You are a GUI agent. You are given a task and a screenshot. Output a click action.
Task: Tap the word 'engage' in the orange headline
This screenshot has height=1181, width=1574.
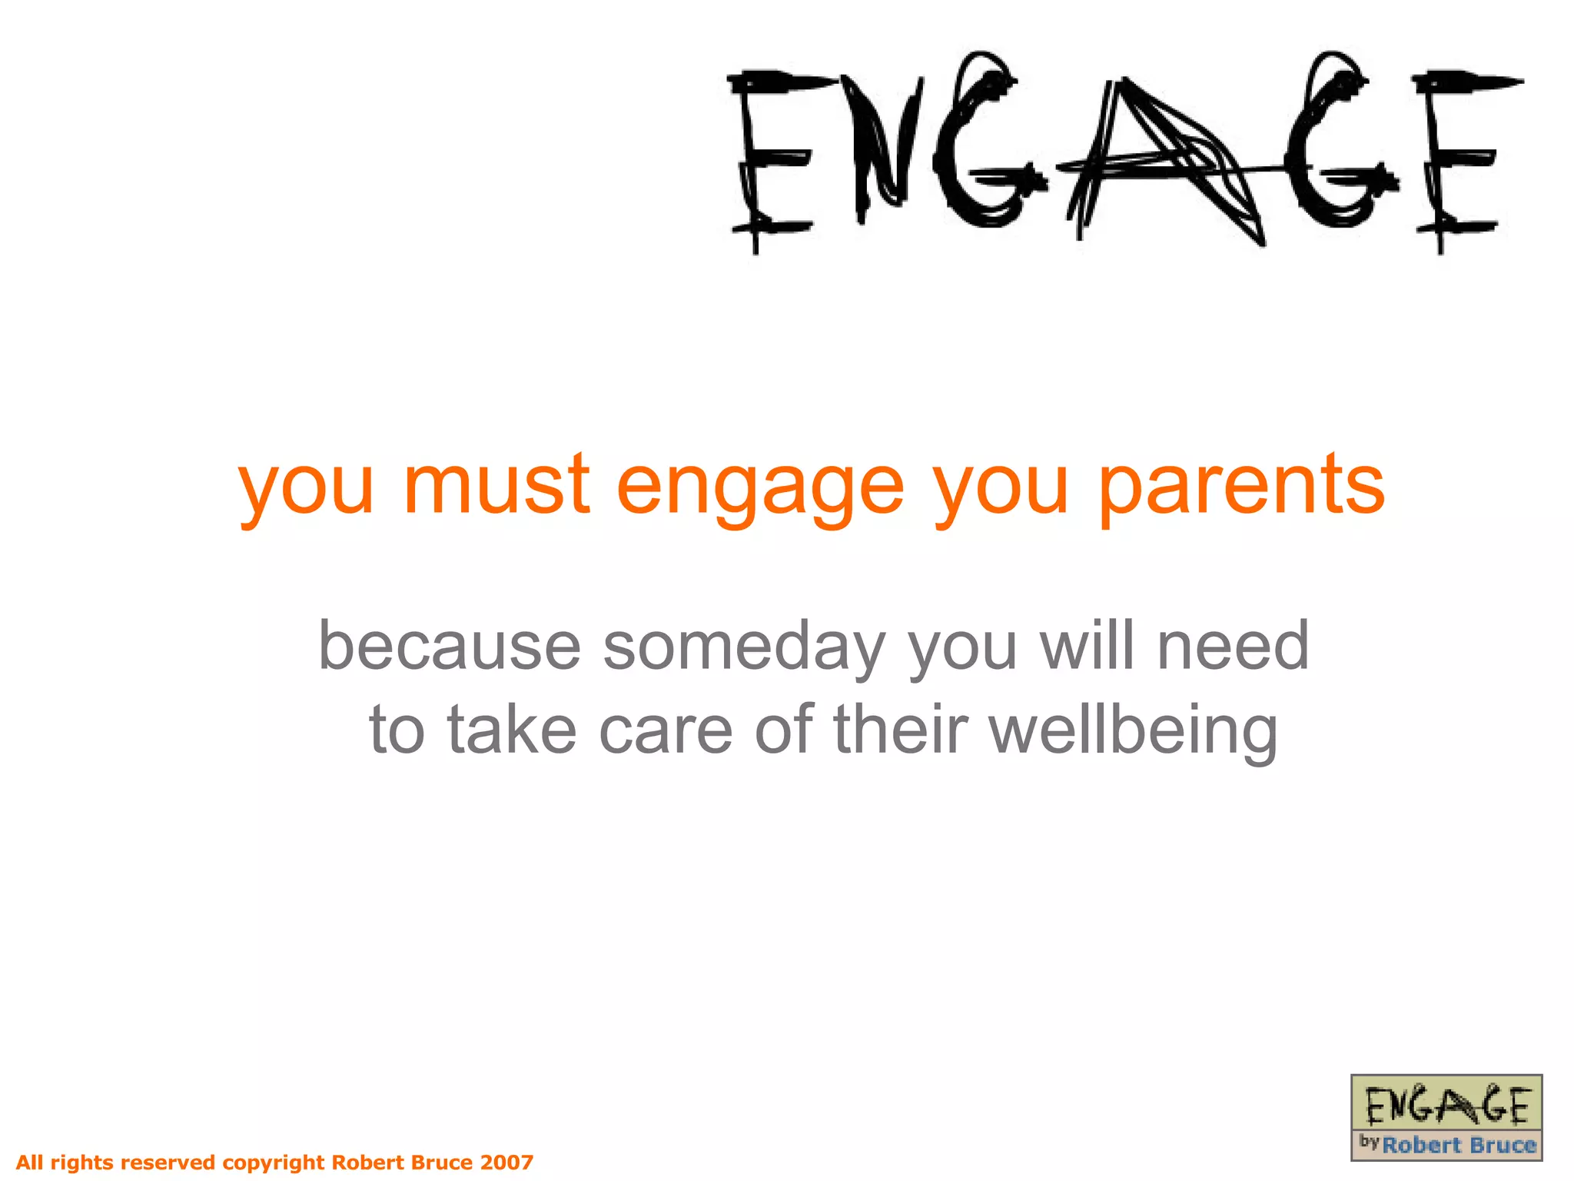click(759, 489)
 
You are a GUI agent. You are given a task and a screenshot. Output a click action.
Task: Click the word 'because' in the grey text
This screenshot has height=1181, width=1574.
click(450, 646)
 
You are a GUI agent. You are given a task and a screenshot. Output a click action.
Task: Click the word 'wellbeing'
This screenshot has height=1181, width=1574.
click(1134, 730)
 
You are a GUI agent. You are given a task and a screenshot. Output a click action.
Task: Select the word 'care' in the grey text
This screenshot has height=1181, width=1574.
click(666, 730)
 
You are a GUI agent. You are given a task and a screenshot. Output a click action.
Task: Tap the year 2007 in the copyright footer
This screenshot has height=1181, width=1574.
click(506, 1162)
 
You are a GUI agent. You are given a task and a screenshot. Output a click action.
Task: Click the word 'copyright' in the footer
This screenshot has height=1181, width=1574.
click(274, 1163)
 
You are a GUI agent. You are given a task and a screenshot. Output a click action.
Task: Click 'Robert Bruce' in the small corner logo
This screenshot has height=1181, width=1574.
click(1458, 1145)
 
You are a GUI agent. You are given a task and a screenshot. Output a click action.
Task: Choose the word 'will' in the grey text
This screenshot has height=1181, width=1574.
click(1086, 646)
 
